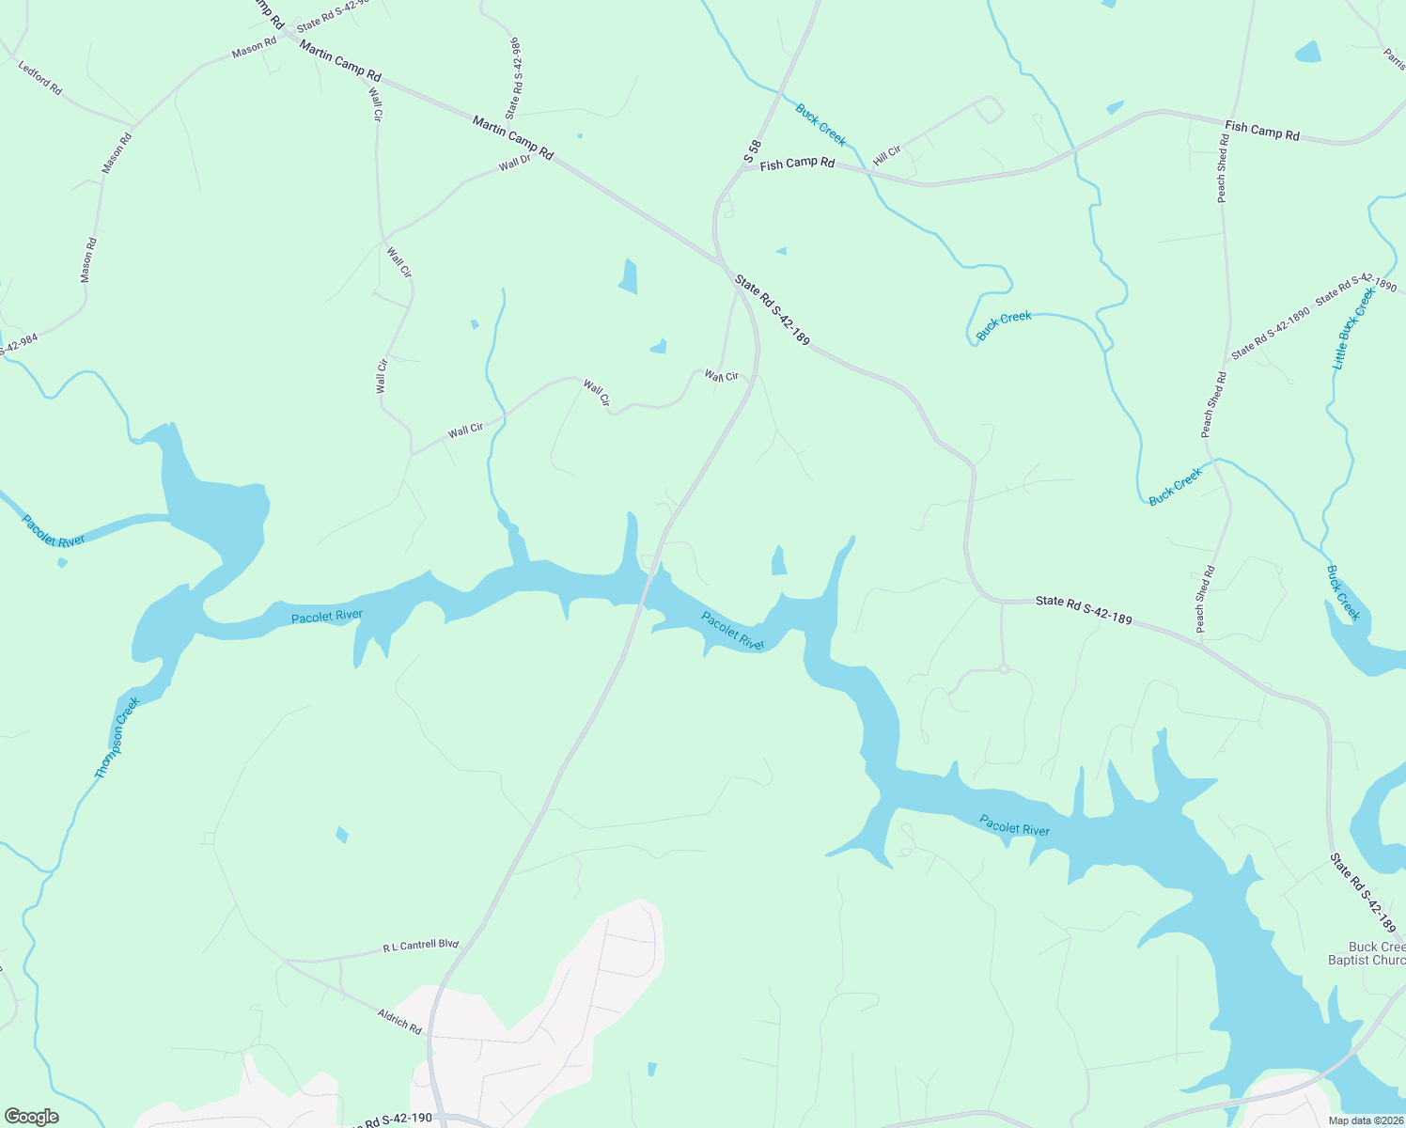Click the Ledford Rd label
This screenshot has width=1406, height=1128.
40,77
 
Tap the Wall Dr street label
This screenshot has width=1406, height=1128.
515,164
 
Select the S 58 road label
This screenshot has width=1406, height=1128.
751,152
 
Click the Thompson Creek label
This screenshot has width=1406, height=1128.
117,738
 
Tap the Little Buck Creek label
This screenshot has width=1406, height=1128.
1354,328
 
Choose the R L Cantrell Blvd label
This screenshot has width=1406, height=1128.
420,946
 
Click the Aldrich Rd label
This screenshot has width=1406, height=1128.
399,1021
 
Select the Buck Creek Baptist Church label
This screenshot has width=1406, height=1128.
1366,953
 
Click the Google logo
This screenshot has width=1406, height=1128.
31,1117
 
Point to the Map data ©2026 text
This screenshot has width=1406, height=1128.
1365,1120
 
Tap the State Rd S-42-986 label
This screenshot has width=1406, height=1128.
513,79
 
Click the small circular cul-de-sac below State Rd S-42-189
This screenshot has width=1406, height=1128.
1004,668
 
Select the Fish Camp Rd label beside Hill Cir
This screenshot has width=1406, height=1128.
797,164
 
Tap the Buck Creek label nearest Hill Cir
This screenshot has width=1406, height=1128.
820,125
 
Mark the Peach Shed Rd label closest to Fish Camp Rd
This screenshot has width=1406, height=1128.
1222,168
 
